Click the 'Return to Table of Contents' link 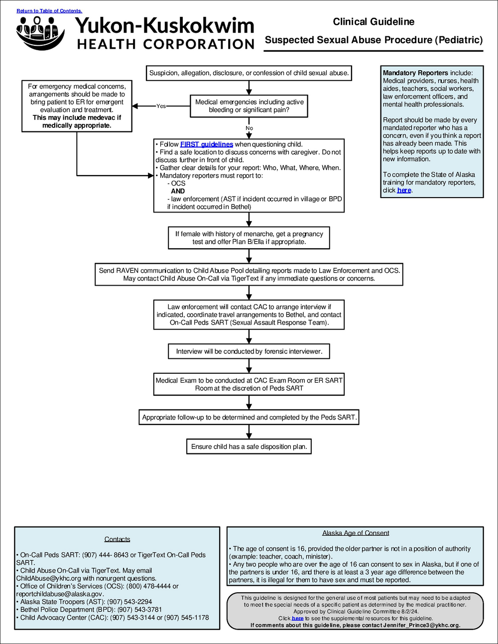(x=49, y=11)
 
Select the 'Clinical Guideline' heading (x=373, y=22)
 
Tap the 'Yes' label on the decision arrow (x=161, y=106)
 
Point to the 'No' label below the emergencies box (x=249, y=128)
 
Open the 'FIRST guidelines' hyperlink (x=206, y=144)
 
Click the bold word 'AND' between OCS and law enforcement (x=178, y=191)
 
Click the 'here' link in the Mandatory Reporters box (x=404, y=190)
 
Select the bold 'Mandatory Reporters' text (x=415, y=73)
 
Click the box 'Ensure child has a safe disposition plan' (x=249, y=446)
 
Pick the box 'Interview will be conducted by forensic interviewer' (x=249, y=351)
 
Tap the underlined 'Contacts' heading (x=117, y=539)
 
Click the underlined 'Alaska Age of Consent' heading (x=356, y=533)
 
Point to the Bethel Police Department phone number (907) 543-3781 (x=140, y=610)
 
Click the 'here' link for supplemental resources (x=297, y=618)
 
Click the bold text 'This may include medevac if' (x=77, y=118)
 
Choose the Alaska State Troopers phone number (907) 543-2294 (x=129, y=602)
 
